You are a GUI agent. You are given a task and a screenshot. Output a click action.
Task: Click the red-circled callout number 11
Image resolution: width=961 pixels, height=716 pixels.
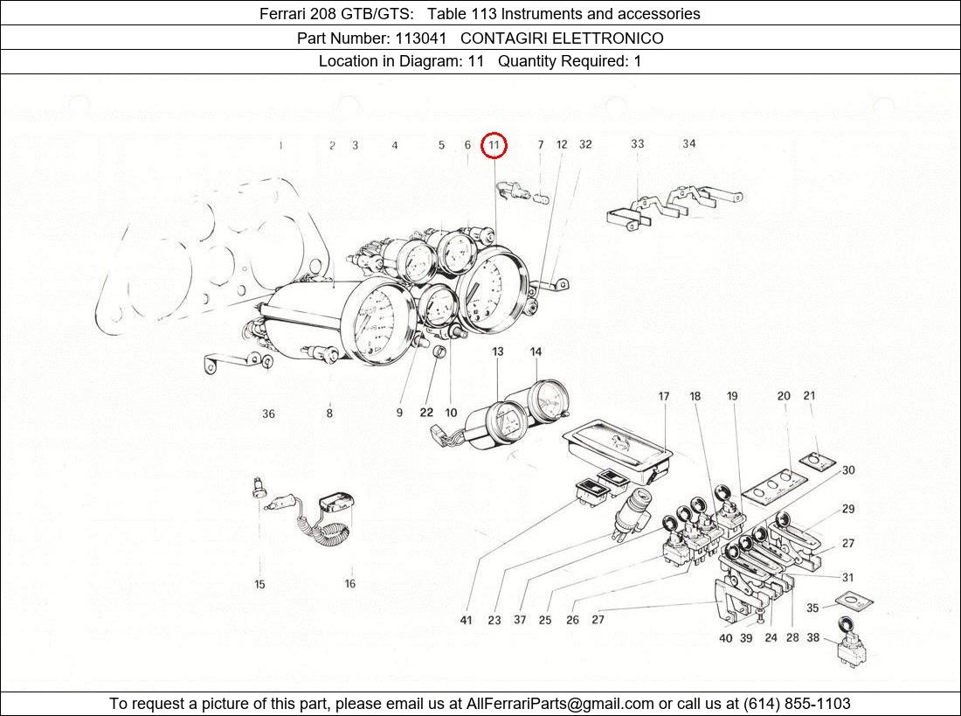click(494, 145)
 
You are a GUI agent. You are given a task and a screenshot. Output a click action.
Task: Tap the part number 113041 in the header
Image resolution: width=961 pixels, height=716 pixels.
click(423, 38)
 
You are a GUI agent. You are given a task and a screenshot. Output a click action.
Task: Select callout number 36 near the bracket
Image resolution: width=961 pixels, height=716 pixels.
click(268, 414)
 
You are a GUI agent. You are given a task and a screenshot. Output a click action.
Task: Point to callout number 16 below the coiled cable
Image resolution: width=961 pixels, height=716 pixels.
click(349, 584)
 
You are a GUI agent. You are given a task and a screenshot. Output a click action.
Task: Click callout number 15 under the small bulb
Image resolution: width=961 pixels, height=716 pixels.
click(259, 585)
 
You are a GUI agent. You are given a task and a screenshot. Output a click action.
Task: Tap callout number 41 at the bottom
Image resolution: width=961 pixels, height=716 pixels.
click(466, 620)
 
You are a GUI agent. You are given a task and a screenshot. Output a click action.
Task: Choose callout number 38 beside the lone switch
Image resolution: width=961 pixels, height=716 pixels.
click(812, 638)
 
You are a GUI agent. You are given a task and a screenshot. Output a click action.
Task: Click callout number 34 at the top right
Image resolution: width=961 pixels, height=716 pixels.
click(689, 143)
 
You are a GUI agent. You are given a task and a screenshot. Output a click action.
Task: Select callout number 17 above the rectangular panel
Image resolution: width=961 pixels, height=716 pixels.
click(664, 397)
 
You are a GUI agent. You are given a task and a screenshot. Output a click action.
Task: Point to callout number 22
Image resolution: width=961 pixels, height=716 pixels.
click(425, 413)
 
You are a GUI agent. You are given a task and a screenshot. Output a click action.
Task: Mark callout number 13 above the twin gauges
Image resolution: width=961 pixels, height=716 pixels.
click(497, 352)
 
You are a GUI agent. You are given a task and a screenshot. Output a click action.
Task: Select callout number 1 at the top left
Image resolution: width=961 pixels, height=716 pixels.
click(280, 145)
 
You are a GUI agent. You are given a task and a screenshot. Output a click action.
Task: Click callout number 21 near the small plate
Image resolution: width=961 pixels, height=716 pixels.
click(809, 396)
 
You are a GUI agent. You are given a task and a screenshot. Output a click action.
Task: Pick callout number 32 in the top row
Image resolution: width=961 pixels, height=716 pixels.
click(585, 144)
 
